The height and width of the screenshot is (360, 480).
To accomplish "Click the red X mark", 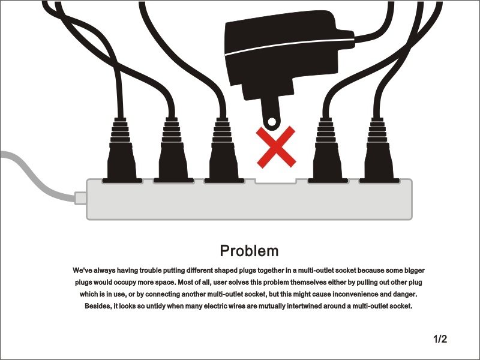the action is point(276,147).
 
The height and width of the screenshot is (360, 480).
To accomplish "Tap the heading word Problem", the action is point(249,251).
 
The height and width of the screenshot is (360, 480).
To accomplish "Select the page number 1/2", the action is point(440,339).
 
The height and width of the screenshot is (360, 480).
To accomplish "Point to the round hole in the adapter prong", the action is point(272,122).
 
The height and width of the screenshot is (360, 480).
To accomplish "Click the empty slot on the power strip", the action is point(276,181).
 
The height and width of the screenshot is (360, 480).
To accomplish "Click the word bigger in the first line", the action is point(415,271).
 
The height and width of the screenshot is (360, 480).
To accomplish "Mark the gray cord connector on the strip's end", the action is point(80,198).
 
